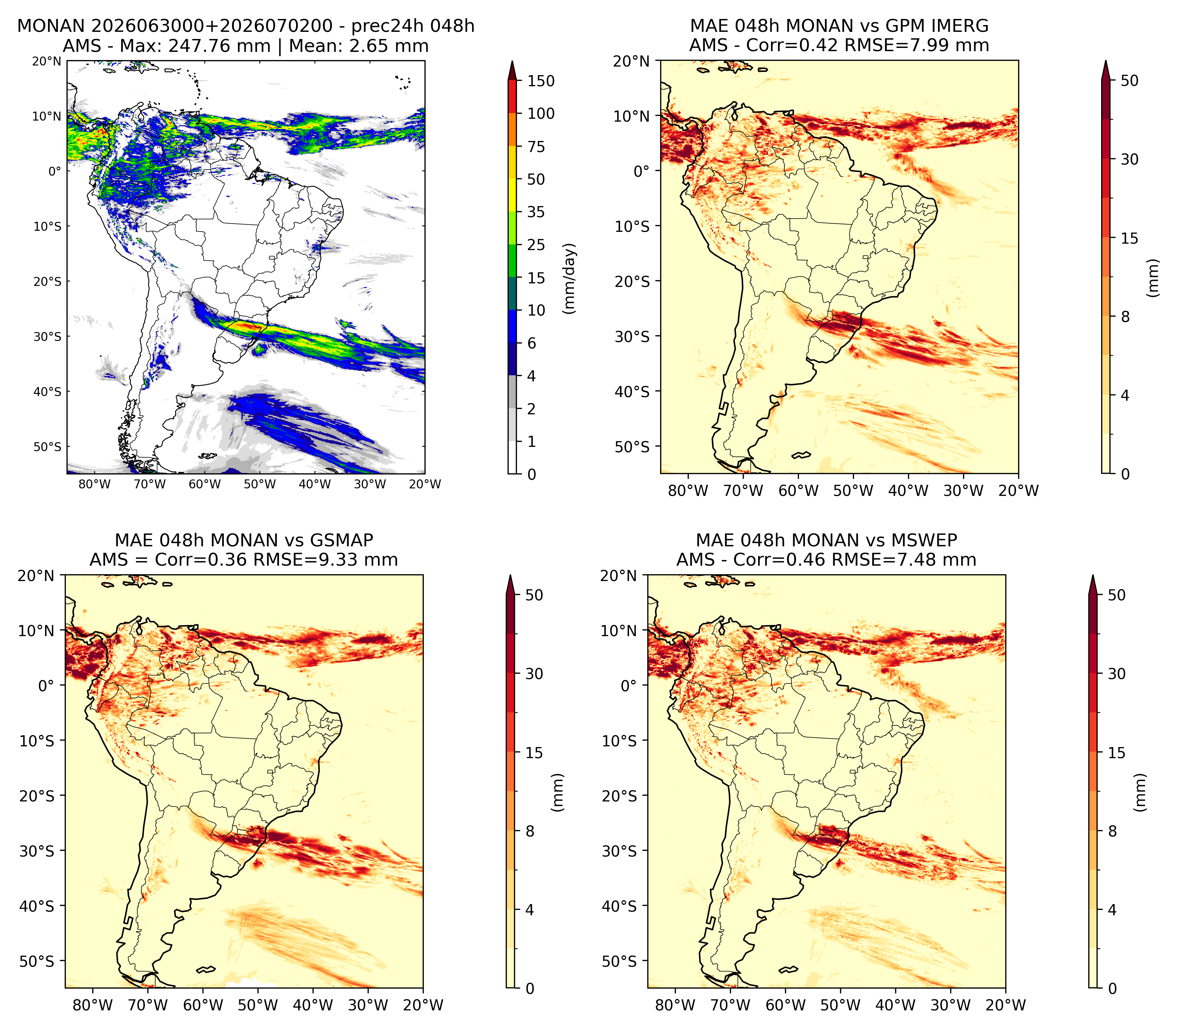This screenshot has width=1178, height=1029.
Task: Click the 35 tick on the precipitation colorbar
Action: pyautogui.click(x=536, y=212)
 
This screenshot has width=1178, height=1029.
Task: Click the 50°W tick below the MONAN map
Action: pyautogui.click(x=259, y=484)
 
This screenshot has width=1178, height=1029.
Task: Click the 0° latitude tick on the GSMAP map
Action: pyautogui.click(x=46, y=686)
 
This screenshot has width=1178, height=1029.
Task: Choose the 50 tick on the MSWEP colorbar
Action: pyautogui.click(x=1116, y=595)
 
